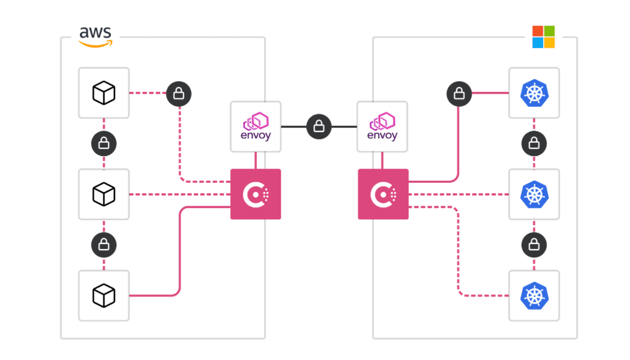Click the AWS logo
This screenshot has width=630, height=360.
coord(95,37)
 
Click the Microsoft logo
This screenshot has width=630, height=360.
coord(543,37)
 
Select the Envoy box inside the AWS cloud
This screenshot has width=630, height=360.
coord(256,127)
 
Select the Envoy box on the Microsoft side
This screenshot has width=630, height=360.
coord(382,127)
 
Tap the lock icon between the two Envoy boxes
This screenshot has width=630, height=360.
coord(319,126)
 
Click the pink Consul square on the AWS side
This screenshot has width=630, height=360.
coord(256,194)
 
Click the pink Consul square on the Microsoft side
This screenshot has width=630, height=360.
coord(383,194)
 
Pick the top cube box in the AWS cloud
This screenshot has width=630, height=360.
coord(103,93)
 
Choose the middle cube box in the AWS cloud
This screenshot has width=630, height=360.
coord(103,194)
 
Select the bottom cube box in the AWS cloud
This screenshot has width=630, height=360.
coord(103,295)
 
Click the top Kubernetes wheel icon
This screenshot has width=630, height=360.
coord(534,93)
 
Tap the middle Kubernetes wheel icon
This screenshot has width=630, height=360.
coord(534,194)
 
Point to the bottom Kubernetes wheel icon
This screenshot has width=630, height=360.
coord(534,295)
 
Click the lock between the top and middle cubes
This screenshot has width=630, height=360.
coord(104,143)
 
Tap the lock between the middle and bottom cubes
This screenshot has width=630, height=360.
coord(104,245)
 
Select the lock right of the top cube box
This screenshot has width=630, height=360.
coord(179,93)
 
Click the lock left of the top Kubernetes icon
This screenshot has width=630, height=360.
coord(459,93)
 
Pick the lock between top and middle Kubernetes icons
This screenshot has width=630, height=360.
coord(534,143)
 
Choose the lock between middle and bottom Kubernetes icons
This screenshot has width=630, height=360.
coord(534,245)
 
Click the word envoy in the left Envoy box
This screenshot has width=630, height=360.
coord(256,136)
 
